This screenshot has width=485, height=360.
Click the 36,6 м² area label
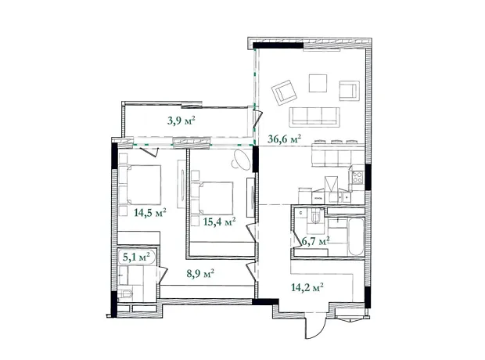tap(284, 139)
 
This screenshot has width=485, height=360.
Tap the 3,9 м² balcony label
tap(181, 120)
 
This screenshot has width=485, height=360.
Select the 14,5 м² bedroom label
tap(150, 213)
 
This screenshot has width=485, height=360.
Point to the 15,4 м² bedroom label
tap(220, 221)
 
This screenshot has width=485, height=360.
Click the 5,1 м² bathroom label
tap(136, 257)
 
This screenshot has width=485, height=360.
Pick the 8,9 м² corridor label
tap(200, 274)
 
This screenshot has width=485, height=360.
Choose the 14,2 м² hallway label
tap(307, 287)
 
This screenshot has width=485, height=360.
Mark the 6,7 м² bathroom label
tap(315, 241)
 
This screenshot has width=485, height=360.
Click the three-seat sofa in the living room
tap(314, 117)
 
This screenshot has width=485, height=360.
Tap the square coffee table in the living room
tap(318, 83)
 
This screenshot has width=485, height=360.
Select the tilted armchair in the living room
tap(284, 92)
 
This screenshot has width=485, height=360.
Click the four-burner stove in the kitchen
tap(357, 178)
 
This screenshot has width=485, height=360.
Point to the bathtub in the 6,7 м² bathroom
tap(356, 237)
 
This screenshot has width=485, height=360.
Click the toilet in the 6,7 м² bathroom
tap(316, 217)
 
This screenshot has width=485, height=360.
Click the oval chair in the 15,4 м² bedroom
tap(241, 160)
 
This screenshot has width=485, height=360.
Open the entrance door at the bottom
tap(315, 326)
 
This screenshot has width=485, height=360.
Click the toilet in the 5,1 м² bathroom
tap(125, 293)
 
